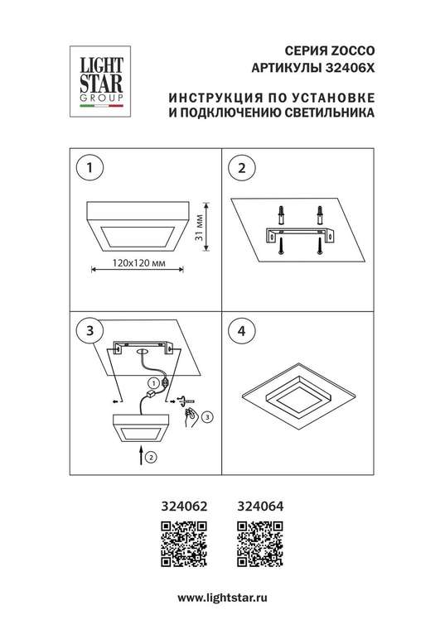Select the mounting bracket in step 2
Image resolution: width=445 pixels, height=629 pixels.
pos(299,235)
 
